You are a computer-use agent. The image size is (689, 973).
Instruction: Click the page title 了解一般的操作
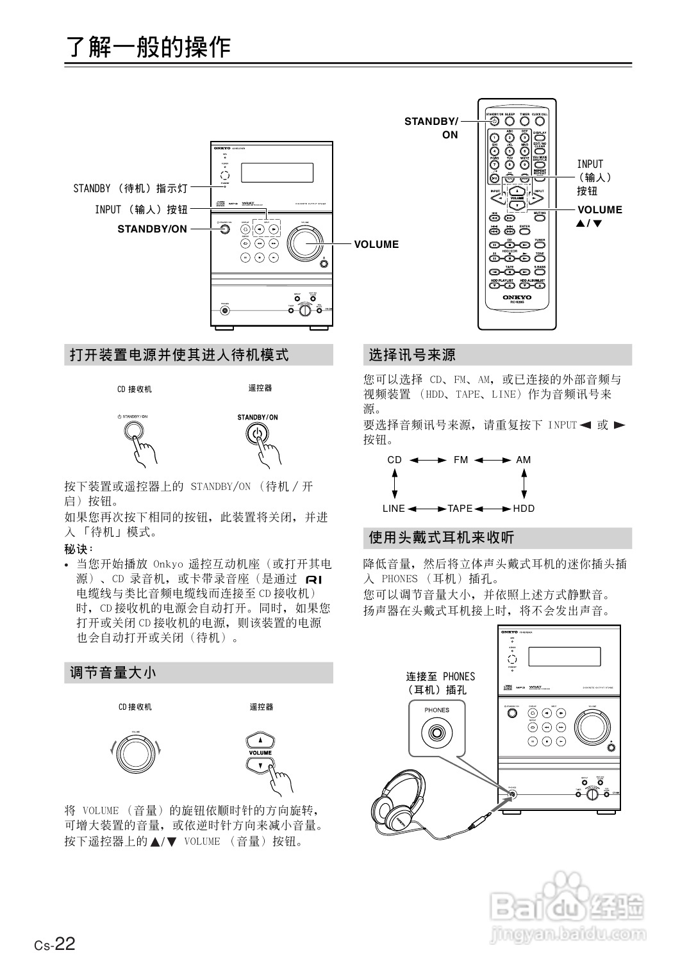[x=149, y=47]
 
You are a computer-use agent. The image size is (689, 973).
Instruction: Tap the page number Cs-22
[x=55, y=944]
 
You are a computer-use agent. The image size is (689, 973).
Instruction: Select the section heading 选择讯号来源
[x=412, y=355]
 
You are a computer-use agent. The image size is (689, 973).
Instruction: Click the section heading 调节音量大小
[x=113, y=673]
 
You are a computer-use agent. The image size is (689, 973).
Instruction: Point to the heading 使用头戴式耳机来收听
[x=442, y=537]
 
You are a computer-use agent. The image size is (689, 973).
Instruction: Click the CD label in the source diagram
[x=395, y=460]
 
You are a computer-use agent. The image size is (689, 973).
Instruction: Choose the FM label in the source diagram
[x=461, y=460]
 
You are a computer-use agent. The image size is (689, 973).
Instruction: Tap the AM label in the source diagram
[x=523, y=460]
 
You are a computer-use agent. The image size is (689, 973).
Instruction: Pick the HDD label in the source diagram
[x=524, y=509]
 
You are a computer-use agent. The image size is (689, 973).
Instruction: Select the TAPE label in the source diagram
[x=460, y=509]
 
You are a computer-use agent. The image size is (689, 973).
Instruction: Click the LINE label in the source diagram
[x=394, y=509]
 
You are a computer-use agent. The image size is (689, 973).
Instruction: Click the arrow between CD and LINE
[x=395, y=484]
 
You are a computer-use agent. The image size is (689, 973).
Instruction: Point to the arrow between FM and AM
[x=492, y=460]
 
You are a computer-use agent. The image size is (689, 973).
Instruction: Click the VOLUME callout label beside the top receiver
[x=376, y=244]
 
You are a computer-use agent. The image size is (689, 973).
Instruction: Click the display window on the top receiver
[x=277, y=172]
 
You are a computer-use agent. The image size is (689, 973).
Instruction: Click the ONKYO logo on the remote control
[x=517, y=297]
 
